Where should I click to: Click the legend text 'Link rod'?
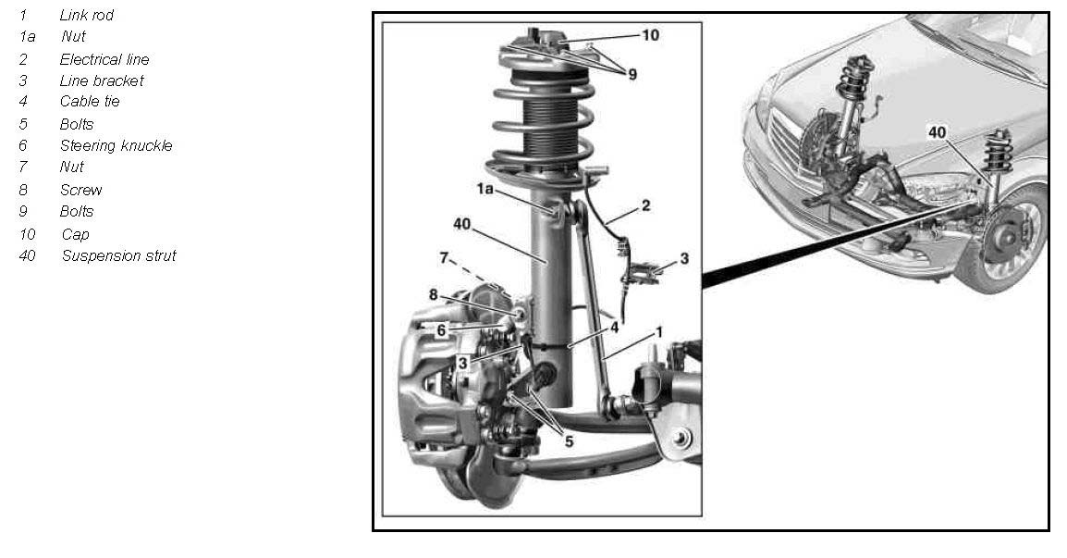click(x=86, y=15)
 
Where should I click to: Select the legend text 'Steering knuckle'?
click(x=116, y=146)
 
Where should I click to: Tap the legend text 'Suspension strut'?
click(x=118, y=256)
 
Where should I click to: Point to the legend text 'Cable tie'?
click(x=90, y=102)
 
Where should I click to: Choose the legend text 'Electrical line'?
click(x=104, y=60)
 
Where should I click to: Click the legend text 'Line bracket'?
click(x=102, y=81)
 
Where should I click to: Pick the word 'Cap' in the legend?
click(x=75, y=235)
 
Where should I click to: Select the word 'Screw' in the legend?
click(x=81, y=190)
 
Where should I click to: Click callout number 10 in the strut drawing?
click(x=651, y=35)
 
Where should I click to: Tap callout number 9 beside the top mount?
click(x=632, y=74)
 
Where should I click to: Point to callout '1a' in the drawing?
click(x=485, y=189)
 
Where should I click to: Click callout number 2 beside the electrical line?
click(x=645, y=205)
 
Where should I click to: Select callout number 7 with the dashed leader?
click(x=444, y=257)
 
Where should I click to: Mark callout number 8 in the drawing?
click(x=434, y=295)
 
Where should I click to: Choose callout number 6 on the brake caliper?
click(x=442, y=330)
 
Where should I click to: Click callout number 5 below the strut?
click(x=569, y=441)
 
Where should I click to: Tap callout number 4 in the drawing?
click(x=615, y=328)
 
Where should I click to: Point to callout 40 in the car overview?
click(x=937, y=132)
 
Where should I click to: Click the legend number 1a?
click(x=27, y=37)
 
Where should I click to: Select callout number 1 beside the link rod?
click(x=658, y=332)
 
